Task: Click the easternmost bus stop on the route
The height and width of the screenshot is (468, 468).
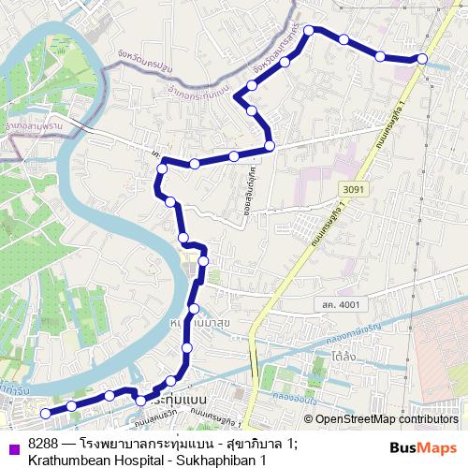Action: [422, 59]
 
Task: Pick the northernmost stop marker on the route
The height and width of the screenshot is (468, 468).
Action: [314, 29]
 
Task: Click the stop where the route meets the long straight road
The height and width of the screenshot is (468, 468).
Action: [270, 146]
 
